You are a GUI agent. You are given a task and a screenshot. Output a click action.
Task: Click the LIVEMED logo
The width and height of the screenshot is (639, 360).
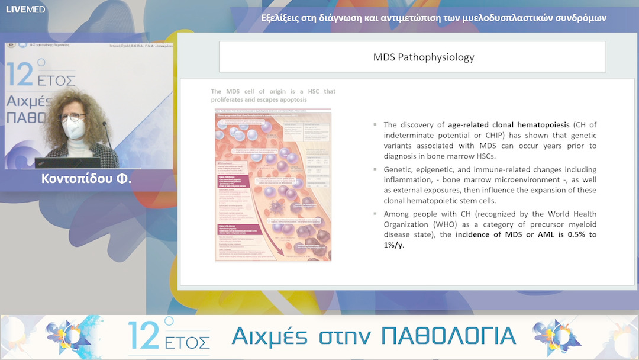(25, 9)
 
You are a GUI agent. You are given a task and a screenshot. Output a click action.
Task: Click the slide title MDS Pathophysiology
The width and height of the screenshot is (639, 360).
(424, 57)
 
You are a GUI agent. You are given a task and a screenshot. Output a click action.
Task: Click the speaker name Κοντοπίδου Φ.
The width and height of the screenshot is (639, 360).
(86, 178)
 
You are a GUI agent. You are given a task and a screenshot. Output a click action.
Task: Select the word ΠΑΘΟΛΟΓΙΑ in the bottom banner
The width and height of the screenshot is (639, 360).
(448, 336)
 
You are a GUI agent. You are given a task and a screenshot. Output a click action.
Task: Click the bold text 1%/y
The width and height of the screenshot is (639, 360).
(393, 245)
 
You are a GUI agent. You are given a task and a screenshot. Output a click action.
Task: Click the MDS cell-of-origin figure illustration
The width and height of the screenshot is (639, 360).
(273, 185)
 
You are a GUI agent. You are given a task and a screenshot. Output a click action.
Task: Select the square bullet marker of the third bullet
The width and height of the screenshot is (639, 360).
(376, 214)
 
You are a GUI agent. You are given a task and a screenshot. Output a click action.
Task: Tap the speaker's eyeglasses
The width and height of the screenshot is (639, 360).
(72, 117)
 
